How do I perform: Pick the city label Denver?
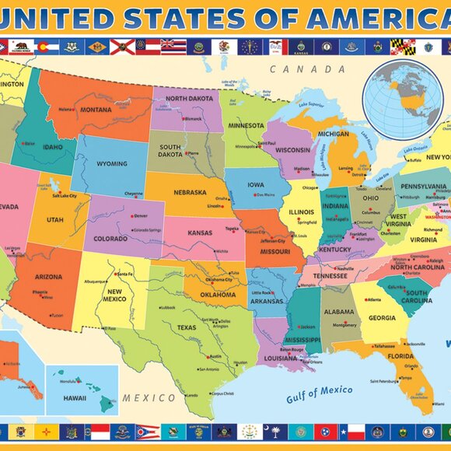coord(140,215)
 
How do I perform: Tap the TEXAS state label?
coord(187,327)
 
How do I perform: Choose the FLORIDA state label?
coord(400,357)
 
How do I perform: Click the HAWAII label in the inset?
coord(75,398)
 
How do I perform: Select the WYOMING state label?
coord(113,164)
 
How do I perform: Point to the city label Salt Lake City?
coord(67,196)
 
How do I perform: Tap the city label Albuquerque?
coord(96,281)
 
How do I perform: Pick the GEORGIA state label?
coord(382,317)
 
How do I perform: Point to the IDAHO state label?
coord(51,148)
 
